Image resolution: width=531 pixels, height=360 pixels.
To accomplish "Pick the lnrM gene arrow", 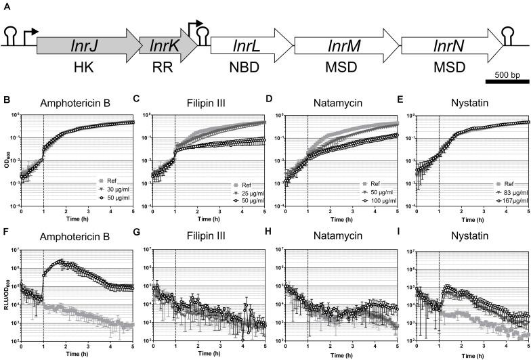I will [x=345, y=46].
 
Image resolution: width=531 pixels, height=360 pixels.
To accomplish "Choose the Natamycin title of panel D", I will [x=338, y=104].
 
